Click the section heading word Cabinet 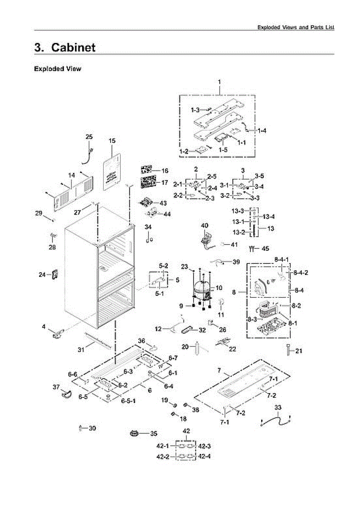coord(73,48)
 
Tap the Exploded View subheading coord(57,69)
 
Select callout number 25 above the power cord coord(89,137)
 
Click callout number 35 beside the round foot coord(153,433)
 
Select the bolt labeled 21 coord(288,350)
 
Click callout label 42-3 coord(204,446)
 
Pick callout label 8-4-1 coord(282,259)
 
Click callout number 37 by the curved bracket coord(56,387)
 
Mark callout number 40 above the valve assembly coord(205,226)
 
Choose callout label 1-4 coord(262,131)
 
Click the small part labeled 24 coord(54,274)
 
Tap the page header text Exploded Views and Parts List coord(296,27)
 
